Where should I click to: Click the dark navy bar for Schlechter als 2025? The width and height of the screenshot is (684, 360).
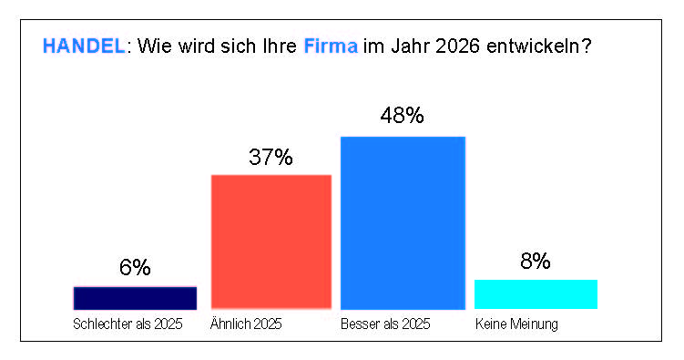click(135, 298)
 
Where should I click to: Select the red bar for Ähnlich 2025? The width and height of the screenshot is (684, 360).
click(271, 242)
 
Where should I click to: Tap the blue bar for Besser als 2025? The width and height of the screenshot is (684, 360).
click(403, 223)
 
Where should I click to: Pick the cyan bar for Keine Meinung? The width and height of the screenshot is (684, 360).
click(536, 294)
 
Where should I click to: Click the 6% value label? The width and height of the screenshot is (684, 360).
click(135, 267)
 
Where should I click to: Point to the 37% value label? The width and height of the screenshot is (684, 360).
click(271, 157)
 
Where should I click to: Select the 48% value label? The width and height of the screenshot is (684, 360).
click(402, 116)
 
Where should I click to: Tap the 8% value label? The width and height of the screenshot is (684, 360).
click(536, 261)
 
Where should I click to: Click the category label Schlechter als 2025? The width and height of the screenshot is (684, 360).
click(128, 324)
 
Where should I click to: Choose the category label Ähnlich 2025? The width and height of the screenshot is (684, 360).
click(246, 324)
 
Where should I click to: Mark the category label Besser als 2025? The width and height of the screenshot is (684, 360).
click(385, 324)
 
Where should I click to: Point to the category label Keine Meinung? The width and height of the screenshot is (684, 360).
click(516, 324)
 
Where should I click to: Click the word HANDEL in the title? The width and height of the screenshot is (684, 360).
click(84, 46)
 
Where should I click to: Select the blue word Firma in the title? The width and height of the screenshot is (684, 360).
click(331, 46)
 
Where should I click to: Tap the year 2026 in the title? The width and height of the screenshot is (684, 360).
click(457, 46)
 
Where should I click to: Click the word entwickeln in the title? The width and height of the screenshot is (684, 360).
click(532, 46)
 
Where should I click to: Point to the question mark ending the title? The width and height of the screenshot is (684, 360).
click(586, 46)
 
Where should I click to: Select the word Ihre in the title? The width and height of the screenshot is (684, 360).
click(280, 46)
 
